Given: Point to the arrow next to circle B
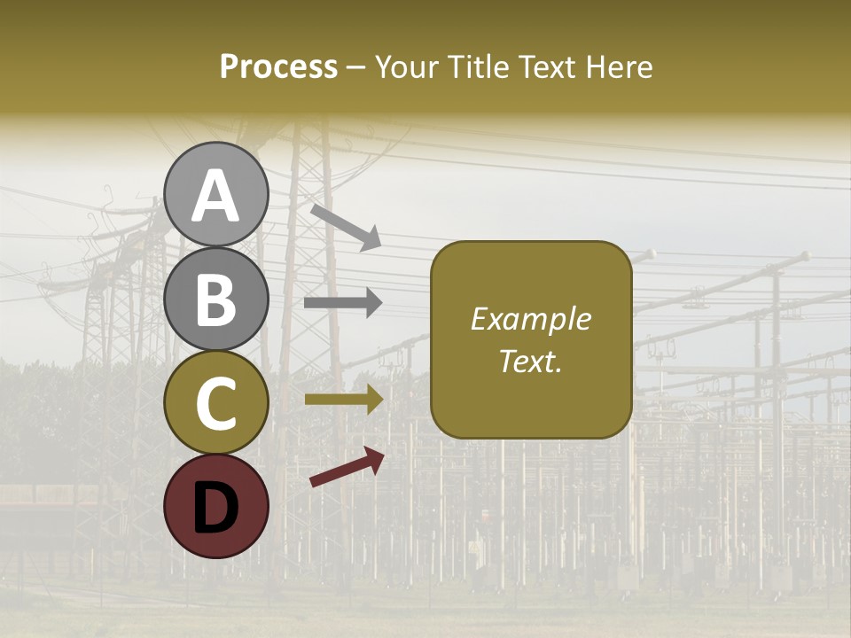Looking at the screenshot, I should [x=343, y=303].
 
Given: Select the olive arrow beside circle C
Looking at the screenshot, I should [x=343, y=400].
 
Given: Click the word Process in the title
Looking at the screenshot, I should [x=278, y=66].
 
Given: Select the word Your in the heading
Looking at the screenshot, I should [x=403, y=66].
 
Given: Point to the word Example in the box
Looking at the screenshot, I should [x=530, y=319].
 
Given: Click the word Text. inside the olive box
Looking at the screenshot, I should [x=530, y=361].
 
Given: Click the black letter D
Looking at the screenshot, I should [x=216, y=508].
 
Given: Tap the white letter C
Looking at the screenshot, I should [x=216, y=403].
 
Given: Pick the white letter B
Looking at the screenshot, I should [x=216, y=300].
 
